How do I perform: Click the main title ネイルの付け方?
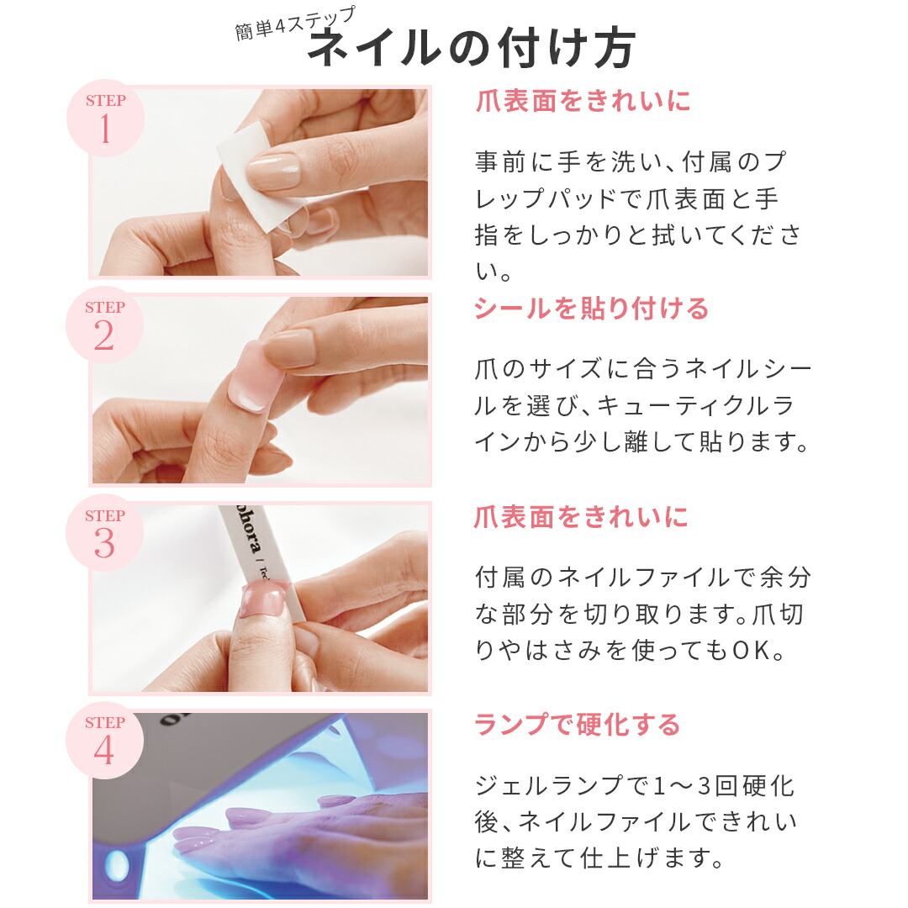471,50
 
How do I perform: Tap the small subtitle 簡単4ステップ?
295,25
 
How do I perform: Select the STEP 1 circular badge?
105,119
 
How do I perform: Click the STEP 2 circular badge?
105,325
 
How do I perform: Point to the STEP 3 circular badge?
105,534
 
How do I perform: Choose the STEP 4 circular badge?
105,741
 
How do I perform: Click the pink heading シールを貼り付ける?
591,309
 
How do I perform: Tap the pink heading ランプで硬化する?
577,724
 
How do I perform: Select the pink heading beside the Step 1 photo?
583,102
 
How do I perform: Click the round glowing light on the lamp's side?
117,863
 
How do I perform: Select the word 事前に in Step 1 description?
514,161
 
